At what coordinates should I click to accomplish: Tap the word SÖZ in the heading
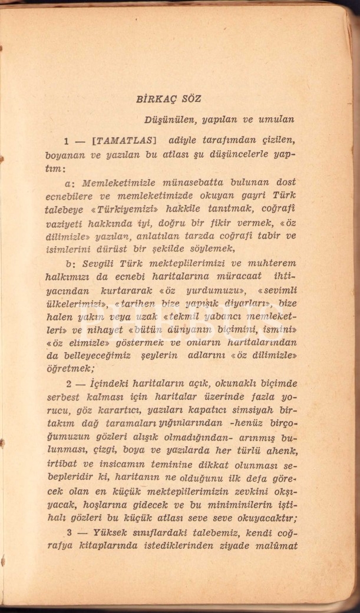click(191, 99)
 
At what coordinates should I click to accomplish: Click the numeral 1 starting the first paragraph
click(68, 141)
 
